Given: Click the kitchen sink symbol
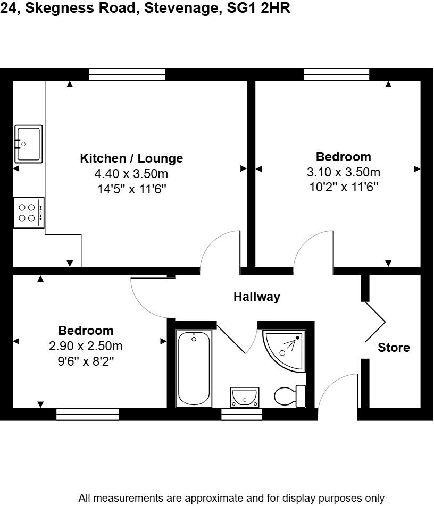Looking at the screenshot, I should [x=28, y=144].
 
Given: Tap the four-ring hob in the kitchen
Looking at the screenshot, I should [x=28, y=213].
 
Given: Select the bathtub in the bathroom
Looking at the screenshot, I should [x=194, y=368].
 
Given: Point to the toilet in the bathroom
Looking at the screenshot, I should [x=289, y=395].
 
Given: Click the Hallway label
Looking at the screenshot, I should [x=257, y=297].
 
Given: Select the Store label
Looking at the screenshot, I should [x=394, y=348].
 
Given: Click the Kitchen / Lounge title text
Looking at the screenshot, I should [x=131, y=158].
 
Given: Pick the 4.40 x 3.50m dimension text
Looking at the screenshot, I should [x=131, y=174].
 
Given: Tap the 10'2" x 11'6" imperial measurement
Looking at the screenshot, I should [x=343, y=187].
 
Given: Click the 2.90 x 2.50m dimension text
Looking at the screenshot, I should [x=86, y=346].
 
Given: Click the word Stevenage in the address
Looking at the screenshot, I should [x=181, y=9].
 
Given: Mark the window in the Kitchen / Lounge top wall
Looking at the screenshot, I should [x=127, y=74].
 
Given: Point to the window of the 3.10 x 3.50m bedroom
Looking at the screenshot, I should [x=337, y=74].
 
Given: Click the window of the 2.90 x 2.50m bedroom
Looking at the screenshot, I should [x=88, y=414].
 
